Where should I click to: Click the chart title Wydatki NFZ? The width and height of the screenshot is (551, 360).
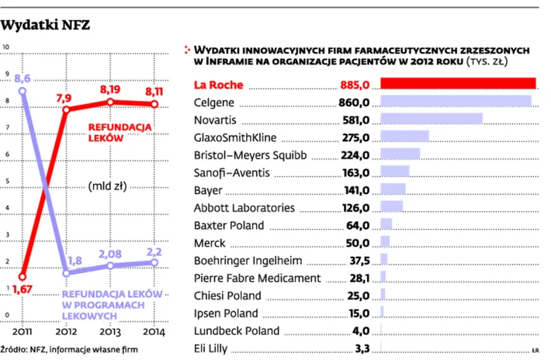pyautogui.click(x=46, y=26)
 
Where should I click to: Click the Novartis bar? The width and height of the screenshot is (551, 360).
pyautogui.click(x=431, y=119)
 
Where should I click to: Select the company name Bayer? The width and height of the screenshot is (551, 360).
pyautogui.click(x=207, y=190)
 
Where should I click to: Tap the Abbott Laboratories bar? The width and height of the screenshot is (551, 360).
pyautogui.click(x=392, y=207)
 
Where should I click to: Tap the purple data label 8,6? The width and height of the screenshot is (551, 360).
pyautogui.click(x=23, y=78)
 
